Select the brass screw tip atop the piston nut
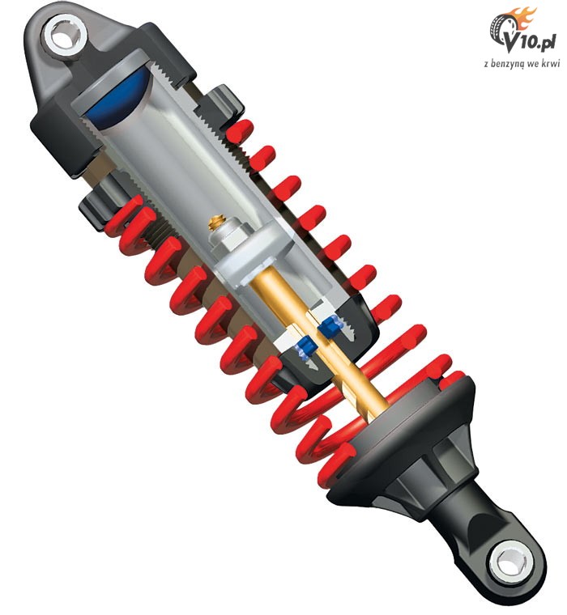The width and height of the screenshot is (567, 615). point(216,222)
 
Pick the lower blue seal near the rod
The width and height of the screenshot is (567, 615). point(305,346)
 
